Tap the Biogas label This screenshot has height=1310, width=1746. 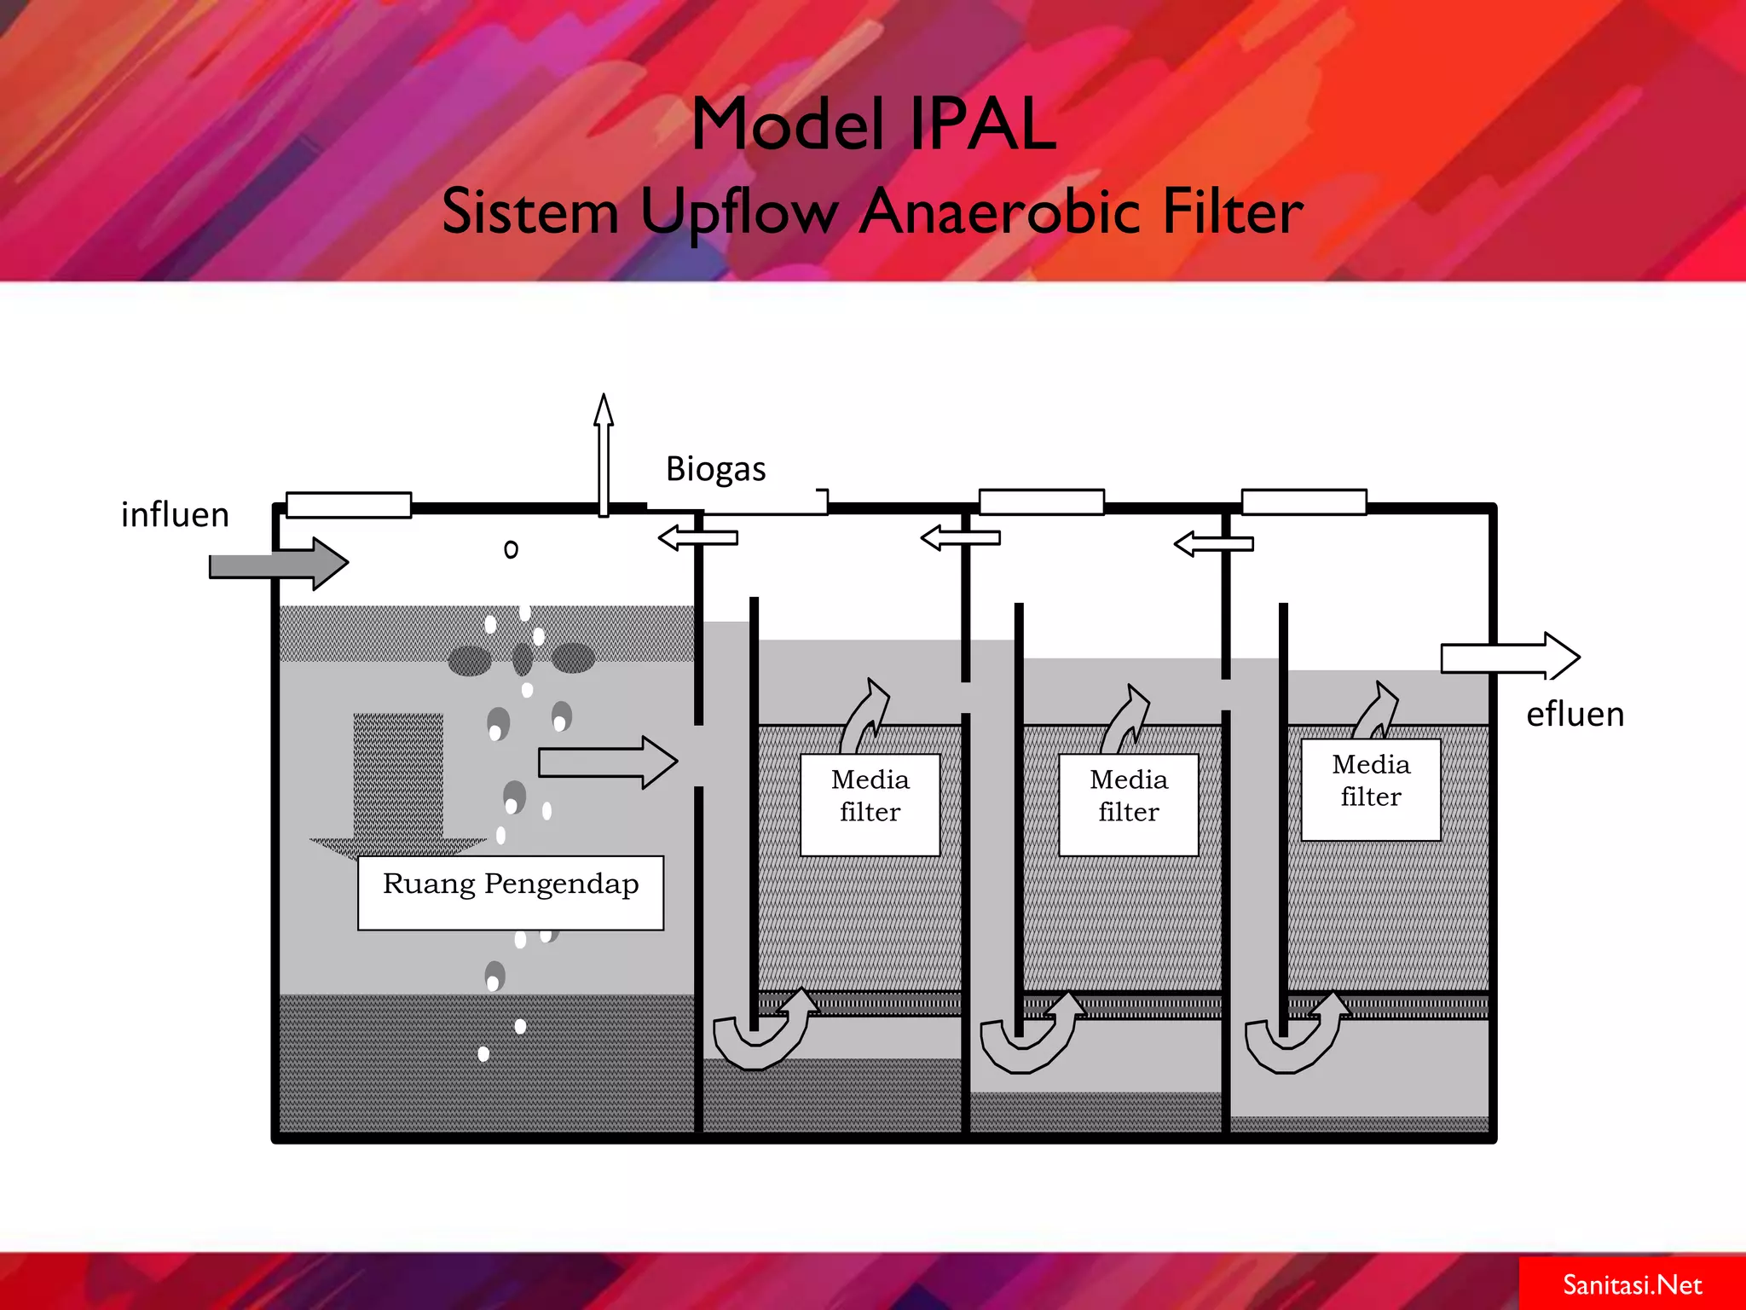tap(715, 469)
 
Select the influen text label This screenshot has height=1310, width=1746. tap(175, 515)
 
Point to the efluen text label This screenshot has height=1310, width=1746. tap(1575, 715)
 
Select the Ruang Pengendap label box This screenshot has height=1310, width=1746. tap(510, 892)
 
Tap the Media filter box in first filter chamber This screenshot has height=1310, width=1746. tap(870, 804)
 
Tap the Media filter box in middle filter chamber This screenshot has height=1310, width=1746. tap(1128, 804)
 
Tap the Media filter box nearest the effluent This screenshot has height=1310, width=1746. tap(1370, 790)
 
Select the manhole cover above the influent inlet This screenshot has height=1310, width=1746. tap(349, 505)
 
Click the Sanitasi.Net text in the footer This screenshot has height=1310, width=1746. tap(1632, 1284)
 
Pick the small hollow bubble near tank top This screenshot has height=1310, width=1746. tap(511, 549)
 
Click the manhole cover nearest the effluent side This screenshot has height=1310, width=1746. tap(1304, 501)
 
